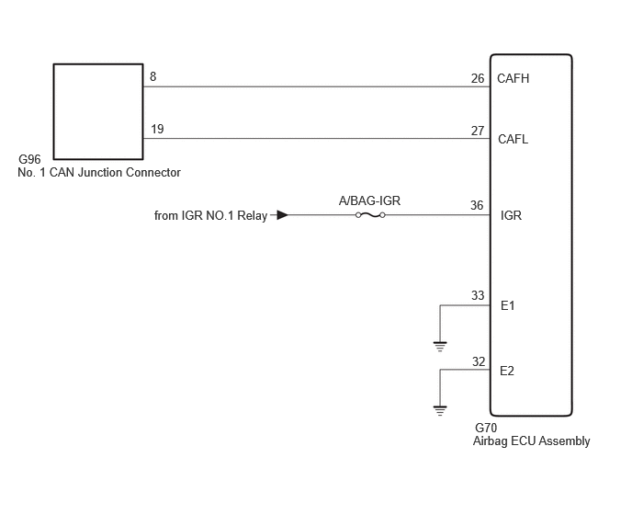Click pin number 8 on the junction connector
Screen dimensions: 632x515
(153, 76)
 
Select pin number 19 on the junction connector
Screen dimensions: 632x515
(157, 129)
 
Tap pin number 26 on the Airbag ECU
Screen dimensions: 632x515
(478, 78)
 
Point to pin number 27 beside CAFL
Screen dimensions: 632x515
(478, 131)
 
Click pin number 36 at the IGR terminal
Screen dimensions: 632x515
(477, 205)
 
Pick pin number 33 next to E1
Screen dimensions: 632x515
(478, 295)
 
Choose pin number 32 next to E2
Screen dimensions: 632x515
(479, 361)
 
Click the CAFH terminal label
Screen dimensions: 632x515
(513, 78)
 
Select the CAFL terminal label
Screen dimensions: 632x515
(513, 139)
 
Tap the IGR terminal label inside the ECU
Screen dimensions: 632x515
(511, 215)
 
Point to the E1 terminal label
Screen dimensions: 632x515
(507, 306)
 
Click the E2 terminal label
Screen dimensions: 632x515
(507, 371)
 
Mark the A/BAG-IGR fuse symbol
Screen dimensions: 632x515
(370, 215)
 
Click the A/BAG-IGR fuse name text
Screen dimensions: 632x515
(369, 200)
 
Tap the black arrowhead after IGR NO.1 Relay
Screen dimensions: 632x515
(283, 215)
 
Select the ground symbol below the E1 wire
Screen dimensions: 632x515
(440, 347)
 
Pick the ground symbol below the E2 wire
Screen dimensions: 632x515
(440, 411)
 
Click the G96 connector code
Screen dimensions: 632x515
(29, 159)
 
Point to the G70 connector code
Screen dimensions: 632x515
(486, 428)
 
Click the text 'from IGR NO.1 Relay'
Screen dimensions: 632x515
(210, 215)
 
